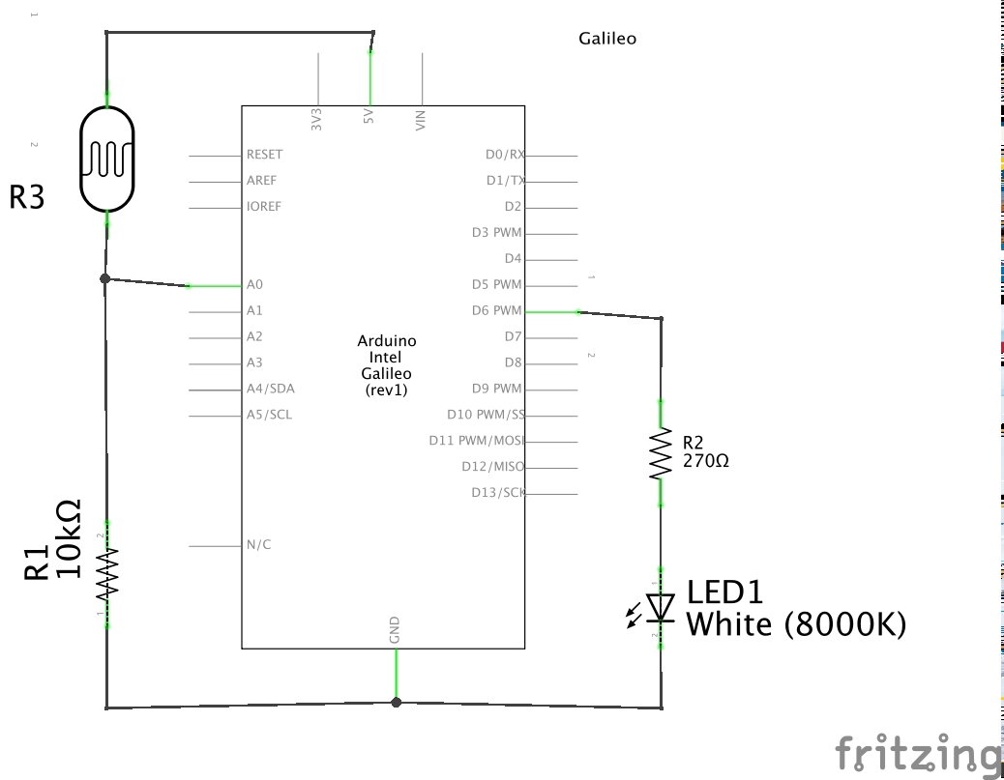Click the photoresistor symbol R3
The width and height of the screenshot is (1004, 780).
(x=106, y=159)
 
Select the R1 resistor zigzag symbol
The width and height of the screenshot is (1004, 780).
(x=106, y=573)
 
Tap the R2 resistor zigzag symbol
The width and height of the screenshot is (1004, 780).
(x=661, y=454)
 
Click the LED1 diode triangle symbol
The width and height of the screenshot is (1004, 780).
(x=661, y=607)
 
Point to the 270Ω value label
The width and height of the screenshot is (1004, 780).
(x=706, y=462)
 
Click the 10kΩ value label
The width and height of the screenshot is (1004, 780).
(x=68, y=539)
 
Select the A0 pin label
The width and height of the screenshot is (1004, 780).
(x=254, y=285)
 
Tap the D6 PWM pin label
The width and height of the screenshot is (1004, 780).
(x=496, y=311)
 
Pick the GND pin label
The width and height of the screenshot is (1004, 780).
(x=395, y=630)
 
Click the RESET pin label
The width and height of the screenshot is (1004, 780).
(x=264, y=155)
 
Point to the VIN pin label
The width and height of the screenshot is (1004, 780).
(x=421, y=120)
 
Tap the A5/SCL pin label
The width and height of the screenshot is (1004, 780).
(x=269, y=416)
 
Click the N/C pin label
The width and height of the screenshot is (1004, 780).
(x=258, y=545)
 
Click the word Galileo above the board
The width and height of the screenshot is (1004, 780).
(x=606, y=40)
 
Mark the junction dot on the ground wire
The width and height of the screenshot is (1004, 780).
(x=396, y=703)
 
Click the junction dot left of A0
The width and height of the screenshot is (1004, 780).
(x=105, y=278)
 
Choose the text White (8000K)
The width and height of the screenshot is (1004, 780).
(x=796, y=625)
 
